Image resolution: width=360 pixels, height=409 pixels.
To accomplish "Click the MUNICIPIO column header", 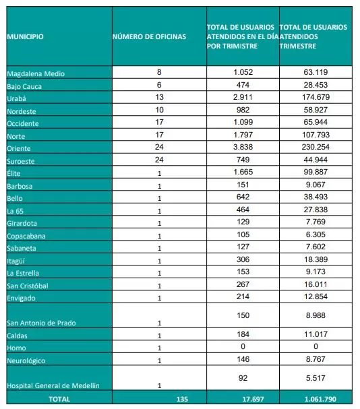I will tap(25, 36).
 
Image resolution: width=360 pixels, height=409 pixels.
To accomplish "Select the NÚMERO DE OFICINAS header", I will tap(148, 36).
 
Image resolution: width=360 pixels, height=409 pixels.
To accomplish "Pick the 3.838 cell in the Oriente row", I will tap(243, 148).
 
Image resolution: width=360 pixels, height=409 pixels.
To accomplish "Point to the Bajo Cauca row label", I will tap(24, 86).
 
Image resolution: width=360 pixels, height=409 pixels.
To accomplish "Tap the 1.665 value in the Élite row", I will tap(243, 172).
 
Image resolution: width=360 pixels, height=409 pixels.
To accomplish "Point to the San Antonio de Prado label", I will tap(40, 323).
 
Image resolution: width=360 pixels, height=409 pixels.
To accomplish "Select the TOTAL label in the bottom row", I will tap(57, 399).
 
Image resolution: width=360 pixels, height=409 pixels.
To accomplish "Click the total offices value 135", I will tap(181, 399).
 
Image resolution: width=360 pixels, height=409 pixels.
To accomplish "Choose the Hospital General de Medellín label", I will tap(53, 385).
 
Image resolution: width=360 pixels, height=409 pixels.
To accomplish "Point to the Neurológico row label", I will tap(26, 360).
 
